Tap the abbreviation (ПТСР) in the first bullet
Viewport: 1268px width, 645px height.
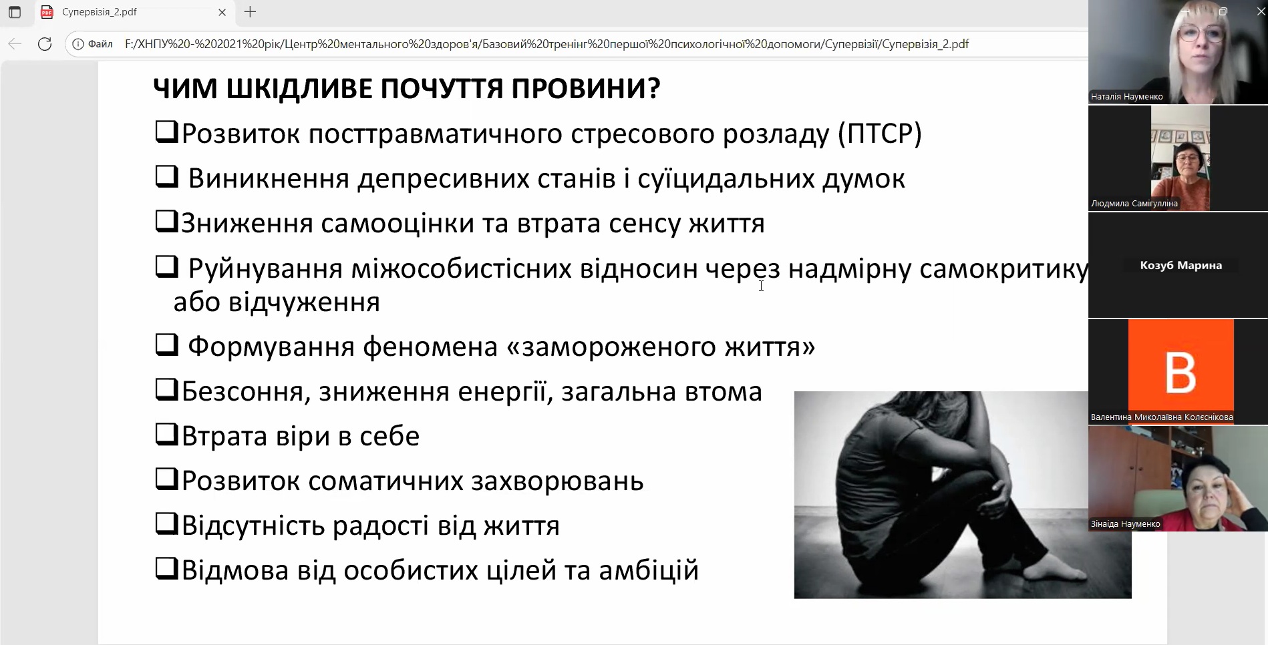coord(880,134)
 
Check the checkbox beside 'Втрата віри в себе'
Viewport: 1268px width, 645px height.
coord(166,435)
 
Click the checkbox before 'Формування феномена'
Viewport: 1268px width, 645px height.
coord(166,345)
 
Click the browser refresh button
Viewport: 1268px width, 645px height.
coord(45,44)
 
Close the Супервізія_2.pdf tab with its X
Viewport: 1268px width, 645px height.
coord(222,12)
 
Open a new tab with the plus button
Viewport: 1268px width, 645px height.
coord(251,12)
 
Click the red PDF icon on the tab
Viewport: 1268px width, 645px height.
coord(47,12)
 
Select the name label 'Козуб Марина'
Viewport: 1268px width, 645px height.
coord(1181,265)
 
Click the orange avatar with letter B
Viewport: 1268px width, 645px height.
coord(1181,371)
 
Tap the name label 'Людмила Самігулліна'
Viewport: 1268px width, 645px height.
coord(1134,204)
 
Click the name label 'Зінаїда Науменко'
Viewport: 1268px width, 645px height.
coord(1126,524)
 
